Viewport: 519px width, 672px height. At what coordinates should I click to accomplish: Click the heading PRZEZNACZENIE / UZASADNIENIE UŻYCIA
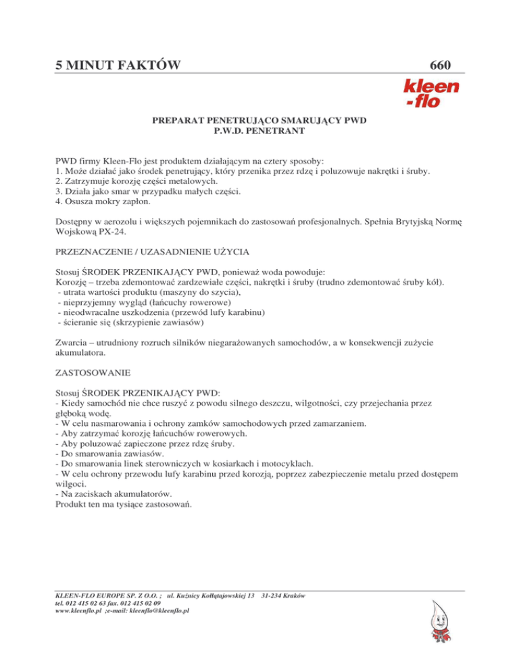[x=153, y=251]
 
